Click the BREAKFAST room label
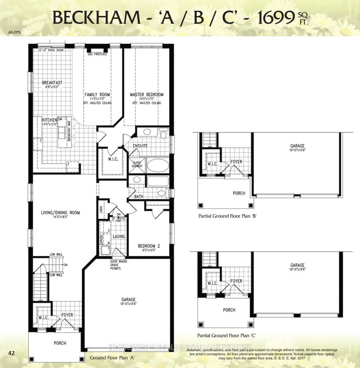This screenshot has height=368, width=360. point(52,83)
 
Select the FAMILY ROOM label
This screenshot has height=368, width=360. point(98,95)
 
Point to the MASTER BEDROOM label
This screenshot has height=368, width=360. point(147,95)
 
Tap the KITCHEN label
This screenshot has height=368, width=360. point(49,120)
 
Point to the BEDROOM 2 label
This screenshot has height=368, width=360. point(149,246)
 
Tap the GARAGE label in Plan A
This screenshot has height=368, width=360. point(128,299)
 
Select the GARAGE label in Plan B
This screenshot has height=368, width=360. point(297,146)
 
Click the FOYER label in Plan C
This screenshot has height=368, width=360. point(237,281)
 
